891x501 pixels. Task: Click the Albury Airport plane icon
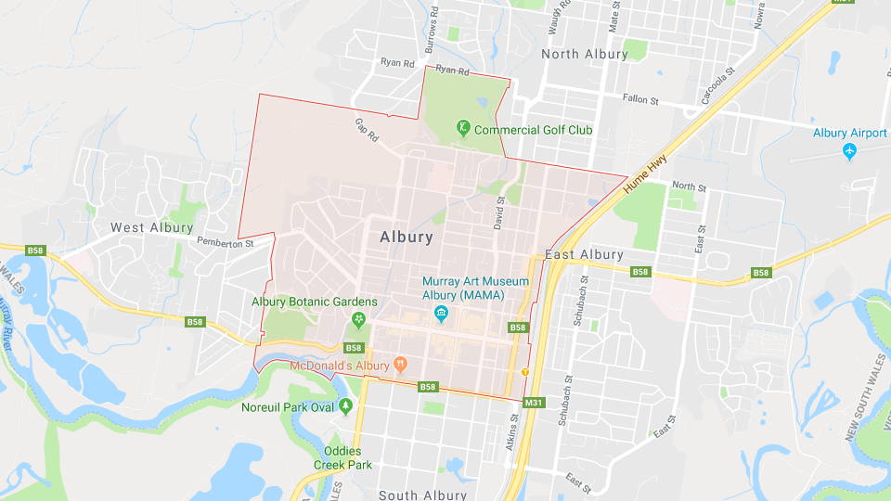tap(850, 151)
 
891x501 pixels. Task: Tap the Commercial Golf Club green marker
tap(462, 129)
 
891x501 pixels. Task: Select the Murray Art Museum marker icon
tap(442, 313)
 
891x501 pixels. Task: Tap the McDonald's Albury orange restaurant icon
tap(401, 365)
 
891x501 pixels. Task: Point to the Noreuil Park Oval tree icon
tap(346, 406)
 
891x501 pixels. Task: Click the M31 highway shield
tap(533, 403)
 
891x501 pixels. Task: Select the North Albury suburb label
tap(584, 54)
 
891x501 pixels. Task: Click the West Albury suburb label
tap(152, 227)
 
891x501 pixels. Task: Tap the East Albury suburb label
tap(584, 255)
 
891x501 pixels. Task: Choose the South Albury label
tap(424, 495)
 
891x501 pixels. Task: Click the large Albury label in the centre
tap(407, 237)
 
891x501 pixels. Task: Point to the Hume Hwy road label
tap(645, 174)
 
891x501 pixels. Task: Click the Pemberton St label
tap(225, 243)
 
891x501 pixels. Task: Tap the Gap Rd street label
tap(367, 130)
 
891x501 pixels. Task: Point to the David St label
tap(499, 212)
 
